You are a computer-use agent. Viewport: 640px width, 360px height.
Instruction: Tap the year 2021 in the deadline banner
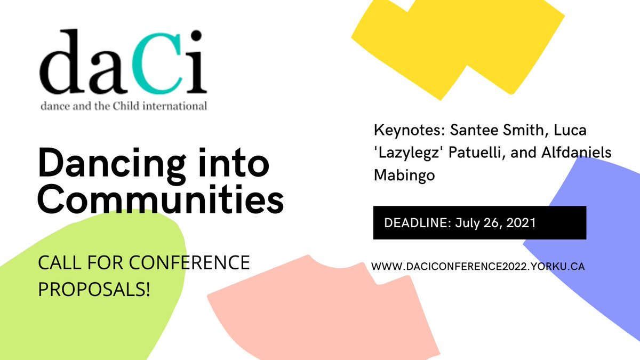coord(518,222)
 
